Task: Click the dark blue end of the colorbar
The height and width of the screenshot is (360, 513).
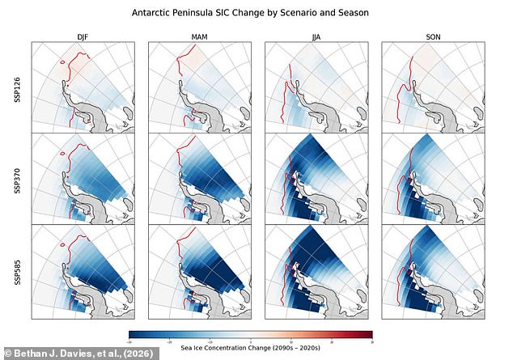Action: click(132, 333)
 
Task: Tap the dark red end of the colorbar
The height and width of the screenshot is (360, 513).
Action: click(370, 333)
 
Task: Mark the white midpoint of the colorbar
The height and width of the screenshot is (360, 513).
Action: click(251, 333)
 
